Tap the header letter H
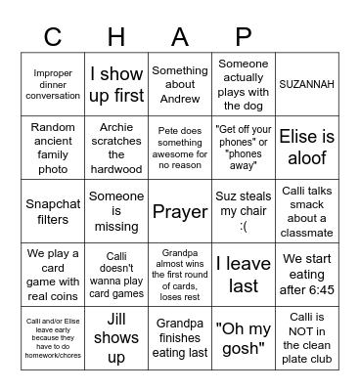(x=117, y=36)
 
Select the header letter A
(x=180, y=36)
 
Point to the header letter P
(x=244, y=36)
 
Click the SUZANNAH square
(x=306, y=85)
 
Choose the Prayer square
(x=180, y=210)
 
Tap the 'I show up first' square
(x=117, y=85)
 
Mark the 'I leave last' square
(x=244, y=274)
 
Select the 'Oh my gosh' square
(x=244, y=337)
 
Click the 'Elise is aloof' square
(x=306, y=147)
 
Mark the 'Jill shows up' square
(x=117, y=337)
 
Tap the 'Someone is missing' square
(x=117, y=210)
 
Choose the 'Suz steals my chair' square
(x=244, y=210)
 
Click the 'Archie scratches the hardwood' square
(x=117, y=147)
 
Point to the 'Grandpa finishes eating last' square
(x=180, y=337)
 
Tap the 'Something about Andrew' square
(x=180, y=85)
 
